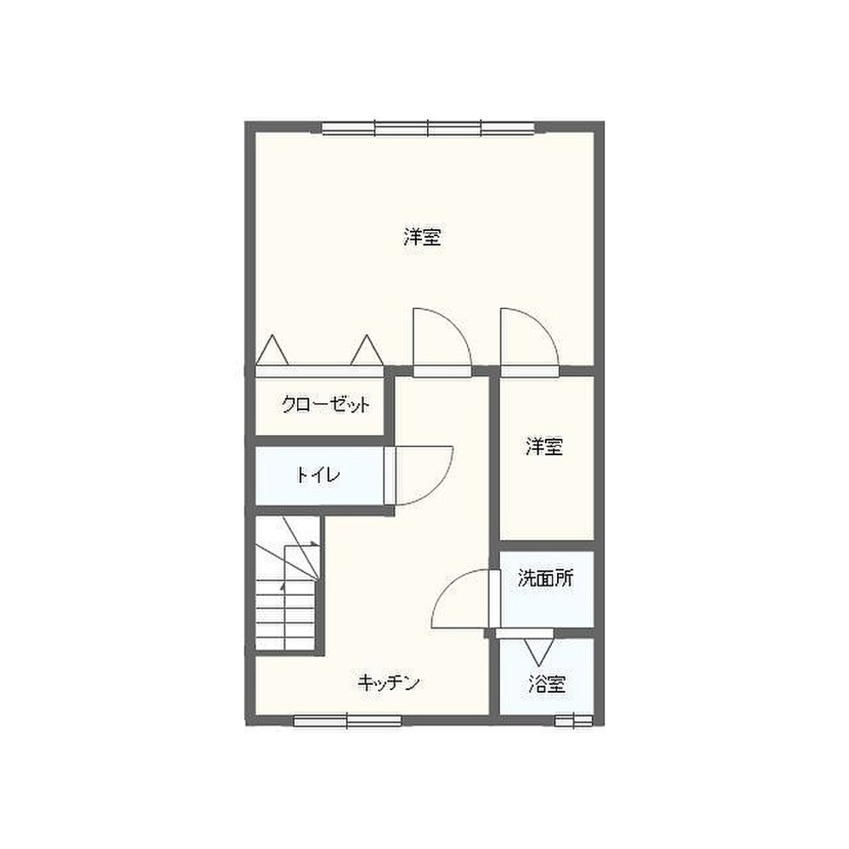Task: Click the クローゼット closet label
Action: click(x=325, y=404)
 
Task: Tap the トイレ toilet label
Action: click(x=318, y=475)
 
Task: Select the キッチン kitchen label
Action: click(x=389, y=683)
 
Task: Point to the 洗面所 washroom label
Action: click(x=545, y=578)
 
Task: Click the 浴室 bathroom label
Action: click(x=547, y=684)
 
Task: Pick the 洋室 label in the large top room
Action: click(x=422, y=237)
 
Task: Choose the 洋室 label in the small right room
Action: click(x=544, y=447)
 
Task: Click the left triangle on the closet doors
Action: click(x=272, y=351)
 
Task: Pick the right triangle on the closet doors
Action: click(x=367, y=351)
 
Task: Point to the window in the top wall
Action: click(x=428, y=129)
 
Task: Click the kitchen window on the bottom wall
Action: click(x=347, y=721)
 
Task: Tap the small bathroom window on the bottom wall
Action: click(x=574, y=721)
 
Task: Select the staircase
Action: click(x=286, y=583)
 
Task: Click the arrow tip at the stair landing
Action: click(x=317, y=543)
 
